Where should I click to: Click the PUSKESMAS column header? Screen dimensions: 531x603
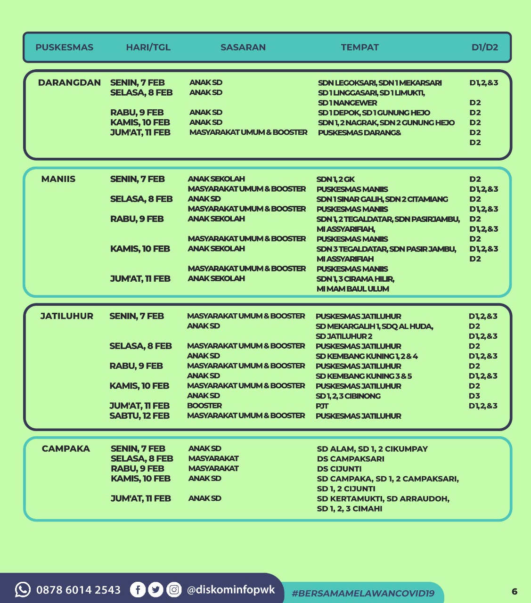(65, 47)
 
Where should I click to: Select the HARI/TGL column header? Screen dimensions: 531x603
(148, 47)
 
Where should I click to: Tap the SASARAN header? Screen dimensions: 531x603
(243, 47)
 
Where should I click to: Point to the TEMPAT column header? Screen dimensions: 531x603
(360, 47)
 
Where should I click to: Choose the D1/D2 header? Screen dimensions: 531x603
(485, 47)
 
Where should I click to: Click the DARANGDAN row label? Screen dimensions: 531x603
(69, 83)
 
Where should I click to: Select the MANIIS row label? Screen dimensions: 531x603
(58, 179)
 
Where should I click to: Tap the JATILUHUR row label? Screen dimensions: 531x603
(67, 316)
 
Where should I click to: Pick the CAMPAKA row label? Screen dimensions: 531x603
(66, 448)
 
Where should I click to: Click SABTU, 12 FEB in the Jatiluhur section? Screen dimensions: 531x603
(139, 416)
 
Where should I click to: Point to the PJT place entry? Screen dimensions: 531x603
(322, 406)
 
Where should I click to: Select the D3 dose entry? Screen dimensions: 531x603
(474, 396)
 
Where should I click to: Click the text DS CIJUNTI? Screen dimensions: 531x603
(339, 469)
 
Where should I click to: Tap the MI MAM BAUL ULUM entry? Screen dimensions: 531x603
(353, 289)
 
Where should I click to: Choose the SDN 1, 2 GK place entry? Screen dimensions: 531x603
(335, 179)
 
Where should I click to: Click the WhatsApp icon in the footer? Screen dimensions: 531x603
(23, 589)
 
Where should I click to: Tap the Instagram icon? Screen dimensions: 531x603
(174, 589)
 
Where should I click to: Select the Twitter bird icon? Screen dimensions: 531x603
(156, 589)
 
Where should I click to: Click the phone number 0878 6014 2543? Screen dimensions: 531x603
(78, 590)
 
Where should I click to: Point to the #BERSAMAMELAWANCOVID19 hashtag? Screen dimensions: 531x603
(363, 593)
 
